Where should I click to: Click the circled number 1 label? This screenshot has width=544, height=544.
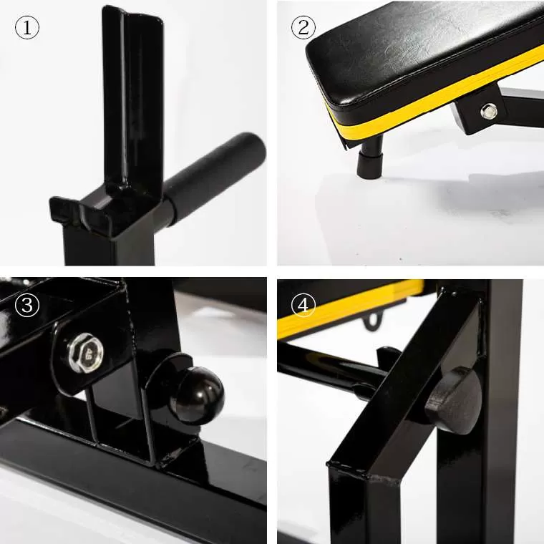(27, 27)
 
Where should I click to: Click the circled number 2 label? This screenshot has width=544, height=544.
(303, 27)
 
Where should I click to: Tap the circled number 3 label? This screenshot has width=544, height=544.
(27, 305)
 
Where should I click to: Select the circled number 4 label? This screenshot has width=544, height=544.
(303, 305)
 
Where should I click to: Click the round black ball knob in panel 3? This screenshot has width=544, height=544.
(197, 396)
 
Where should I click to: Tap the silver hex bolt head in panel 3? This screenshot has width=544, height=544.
(86, 353)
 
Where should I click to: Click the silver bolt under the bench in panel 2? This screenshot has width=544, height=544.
(488, 112)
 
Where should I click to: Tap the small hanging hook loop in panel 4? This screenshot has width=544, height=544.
(373, 321)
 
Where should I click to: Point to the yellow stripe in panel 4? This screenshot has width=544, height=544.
(351, 309)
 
